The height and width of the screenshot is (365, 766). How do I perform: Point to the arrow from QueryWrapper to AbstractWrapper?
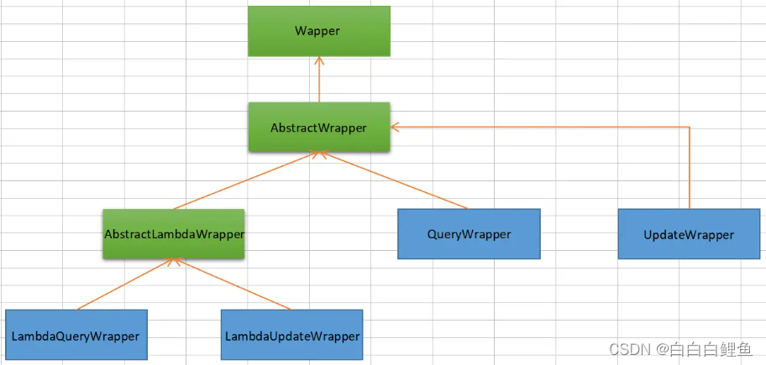coord(395,180)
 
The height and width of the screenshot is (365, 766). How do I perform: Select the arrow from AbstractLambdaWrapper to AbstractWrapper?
coord(244,180)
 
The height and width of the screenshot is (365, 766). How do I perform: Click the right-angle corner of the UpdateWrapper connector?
coord(690,128)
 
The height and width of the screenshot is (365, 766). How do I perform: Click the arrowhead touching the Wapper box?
coord(319,61)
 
